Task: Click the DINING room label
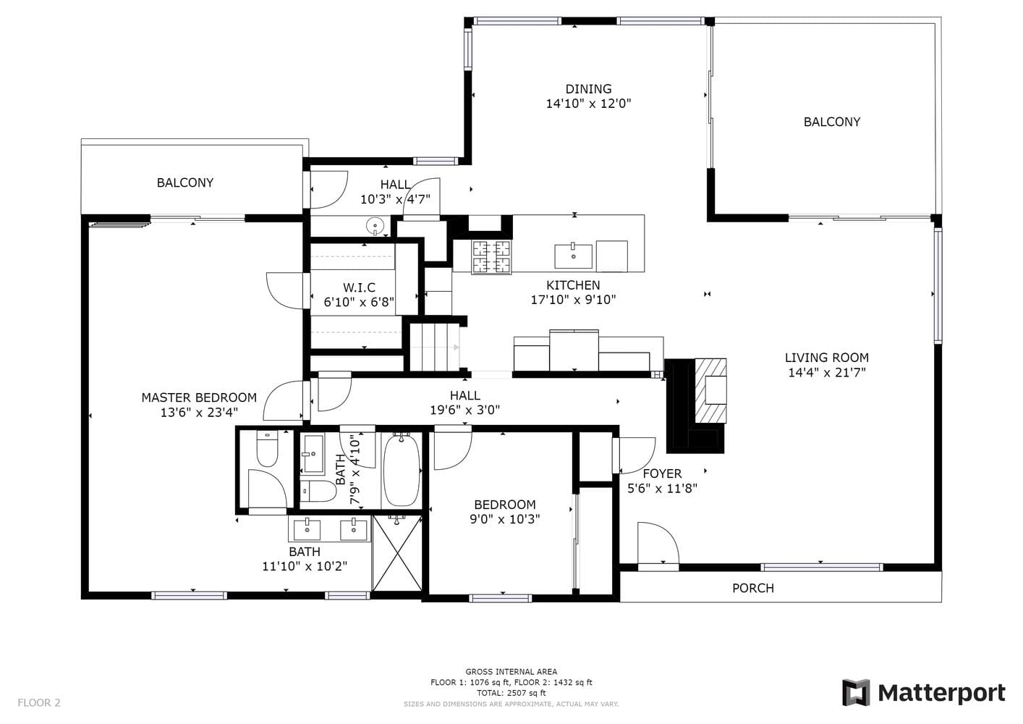[588, 88]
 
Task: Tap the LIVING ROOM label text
[827, 358]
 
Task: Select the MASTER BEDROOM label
[199, 397]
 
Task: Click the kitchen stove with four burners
[491, 257]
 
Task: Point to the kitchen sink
[573, 256]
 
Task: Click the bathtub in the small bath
[401, 470]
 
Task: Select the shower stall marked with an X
[397, 553]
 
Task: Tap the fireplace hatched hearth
[710, 391]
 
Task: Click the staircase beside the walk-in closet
[435, 347]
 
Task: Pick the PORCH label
[753, 588]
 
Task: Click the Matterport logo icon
[857, 693]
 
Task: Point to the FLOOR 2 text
[39, 702]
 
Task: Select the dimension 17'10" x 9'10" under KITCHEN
[573, 300]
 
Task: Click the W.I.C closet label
[359, 287]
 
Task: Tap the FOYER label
[662, 473]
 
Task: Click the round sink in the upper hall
[375, 226]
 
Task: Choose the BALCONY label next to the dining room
[832, 122]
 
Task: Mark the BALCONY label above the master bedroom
[185, 182]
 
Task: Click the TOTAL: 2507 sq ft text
[511, 693]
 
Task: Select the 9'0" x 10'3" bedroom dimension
[505, 519]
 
